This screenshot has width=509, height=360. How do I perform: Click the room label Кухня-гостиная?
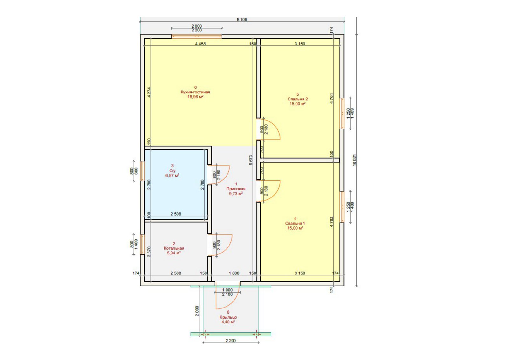coord(195,92)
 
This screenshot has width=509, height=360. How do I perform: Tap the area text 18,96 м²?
coord(195,97)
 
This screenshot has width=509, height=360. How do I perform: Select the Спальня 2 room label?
coord(298,99)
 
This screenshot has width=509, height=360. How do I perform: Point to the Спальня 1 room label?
coord(295,224)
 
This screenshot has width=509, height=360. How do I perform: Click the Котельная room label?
coord(174,248)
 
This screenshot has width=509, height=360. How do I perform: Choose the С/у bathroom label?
coord(172,170)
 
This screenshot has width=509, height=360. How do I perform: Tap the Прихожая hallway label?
coord(236,189)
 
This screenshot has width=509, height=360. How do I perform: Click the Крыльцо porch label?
coord(228,317)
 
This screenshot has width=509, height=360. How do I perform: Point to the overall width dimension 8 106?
coord(242,19)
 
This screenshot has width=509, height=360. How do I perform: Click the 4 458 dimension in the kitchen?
coord(200,44)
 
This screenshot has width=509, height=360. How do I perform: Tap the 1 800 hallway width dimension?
coord(234,273)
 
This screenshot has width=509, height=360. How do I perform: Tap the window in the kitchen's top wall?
coord(197,37)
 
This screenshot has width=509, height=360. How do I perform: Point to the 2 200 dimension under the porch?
coord(231,341)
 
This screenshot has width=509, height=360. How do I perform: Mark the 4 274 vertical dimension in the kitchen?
coord(149,93)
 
